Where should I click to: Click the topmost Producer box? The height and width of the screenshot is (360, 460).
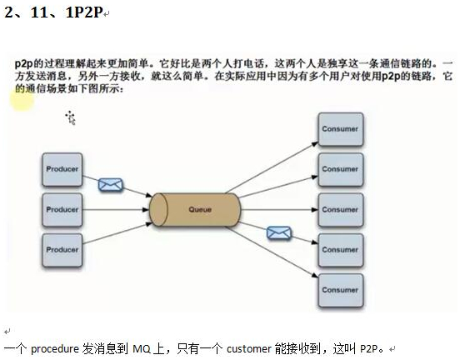point(62,169)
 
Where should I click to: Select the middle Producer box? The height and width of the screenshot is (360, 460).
point(62,209)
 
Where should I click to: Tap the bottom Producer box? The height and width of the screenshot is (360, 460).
point(62,250)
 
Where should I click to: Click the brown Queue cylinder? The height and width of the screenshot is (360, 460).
point(195,209)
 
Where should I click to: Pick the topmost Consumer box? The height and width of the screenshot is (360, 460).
point(341,129)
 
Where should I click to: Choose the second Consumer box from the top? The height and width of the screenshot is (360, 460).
point(341,169)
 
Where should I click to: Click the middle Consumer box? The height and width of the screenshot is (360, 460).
point(341,209)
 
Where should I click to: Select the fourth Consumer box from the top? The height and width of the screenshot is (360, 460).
point(341,250)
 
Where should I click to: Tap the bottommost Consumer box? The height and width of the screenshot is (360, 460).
point(341,290)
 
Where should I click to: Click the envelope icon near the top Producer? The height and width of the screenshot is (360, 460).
point(111,185)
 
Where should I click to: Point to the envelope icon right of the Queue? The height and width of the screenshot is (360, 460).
point(279,233)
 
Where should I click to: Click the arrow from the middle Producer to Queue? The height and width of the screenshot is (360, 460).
point(116,209)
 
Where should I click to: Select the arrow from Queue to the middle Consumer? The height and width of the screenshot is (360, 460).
point(279,209)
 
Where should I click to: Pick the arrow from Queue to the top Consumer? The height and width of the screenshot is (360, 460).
point(272,167)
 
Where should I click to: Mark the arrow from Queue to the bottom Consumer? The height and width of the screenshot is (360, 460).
point(272,252)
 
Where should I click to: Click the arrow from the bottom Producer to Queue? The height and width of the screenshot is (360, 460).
point(117,233)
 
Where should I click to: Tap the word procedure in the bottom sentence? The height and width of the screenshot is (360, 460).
point(55,349)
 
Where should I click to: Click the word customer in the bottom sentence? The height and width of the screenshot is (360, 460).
point(249,349)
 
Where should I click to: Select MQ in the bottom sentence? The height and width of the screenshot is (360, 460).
point(142,349)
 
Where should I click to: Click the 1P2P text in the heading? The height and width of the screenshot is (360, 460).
point(84,12)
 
